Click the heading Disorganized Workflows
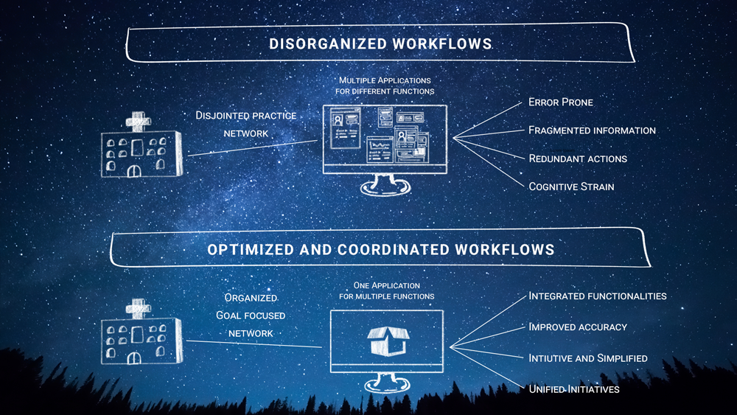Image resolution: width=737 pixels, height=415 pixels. point(380,43)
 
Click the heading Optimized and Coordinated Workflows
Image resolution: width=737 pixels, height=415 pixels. point(380,249)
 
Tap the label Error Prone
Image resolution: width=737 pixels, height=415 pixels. point(560,102)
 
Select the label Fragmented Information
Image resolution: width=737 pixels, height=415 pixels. point(592,130)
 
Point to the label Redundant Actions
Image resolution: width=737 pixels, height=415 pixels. point(578,158)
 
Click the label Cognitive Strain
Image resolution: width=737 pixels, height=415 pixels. point(571,186)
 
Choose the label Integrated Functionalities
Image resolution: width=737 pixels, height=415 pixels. point(597,296)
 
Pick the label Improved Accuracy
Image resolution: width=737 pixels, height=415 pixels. point(578,327)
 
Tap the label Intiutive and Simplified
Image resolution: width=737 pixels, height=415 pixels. point(588,358)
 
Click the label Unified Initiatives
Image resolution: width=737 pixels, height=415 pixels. point(574,388)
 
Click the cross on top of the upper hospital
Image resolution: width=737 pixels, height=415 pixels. point(137,121)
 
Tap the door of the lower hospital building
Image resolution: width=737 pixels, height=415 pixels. point(134,357)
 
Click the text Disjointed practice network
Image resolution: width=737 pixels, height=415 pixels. point(246,124)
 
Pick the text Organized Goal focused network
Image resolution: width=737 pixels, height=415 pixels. point(251,315)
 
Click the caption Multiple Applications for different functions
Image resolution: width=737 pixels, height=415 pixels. point(386,85)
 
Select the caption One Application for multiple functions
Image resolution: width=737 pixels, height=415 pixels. point(386,290)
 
